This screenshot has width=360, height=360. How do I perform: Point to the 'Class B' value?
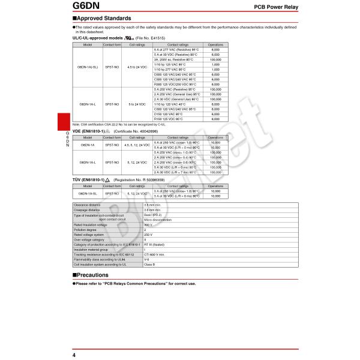[150, 264]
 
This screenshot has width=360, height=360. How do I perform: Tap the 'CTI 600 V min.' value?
[155, 254]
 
